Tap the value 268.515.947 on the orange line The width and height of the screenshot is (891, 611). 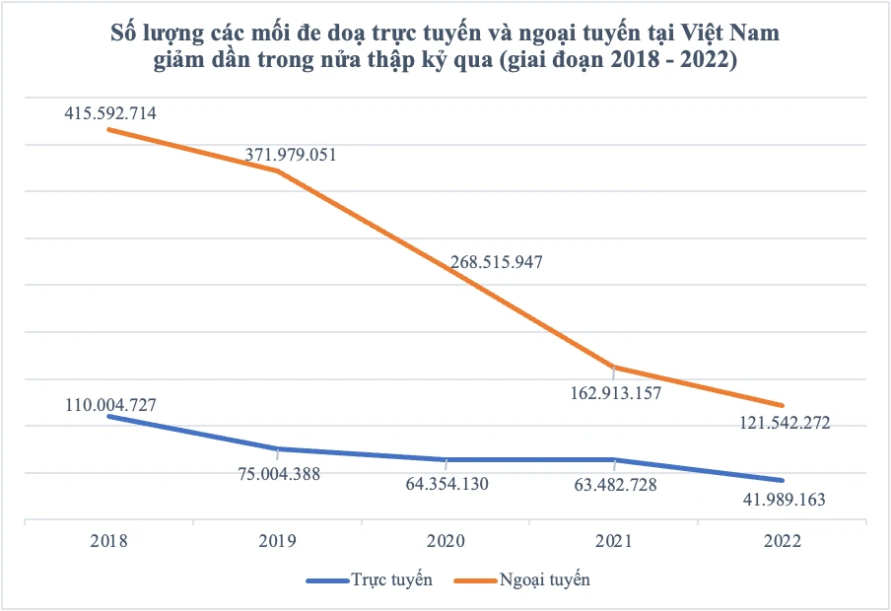(497, 262)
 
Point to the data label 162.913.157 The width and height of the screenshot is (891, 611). (615, 393)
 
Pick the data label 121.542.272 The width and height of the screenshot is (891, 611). (785, 423)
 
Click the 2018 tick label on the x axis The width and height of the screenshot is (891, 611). (108, 541)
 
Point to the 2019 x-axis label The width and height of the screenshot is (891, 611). (277, 541)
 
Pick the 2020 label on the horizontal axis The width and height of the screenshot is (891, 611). (445, 541)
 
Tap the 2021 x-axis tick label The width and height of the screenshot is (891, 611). (614, 541)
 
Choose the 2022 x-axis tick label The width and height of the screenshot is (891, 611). (783, 541)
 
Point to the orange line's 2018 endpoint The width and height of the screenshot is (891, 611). (108, 129)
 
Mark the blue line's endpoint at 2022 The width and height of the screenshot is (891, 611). (783, 480)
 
